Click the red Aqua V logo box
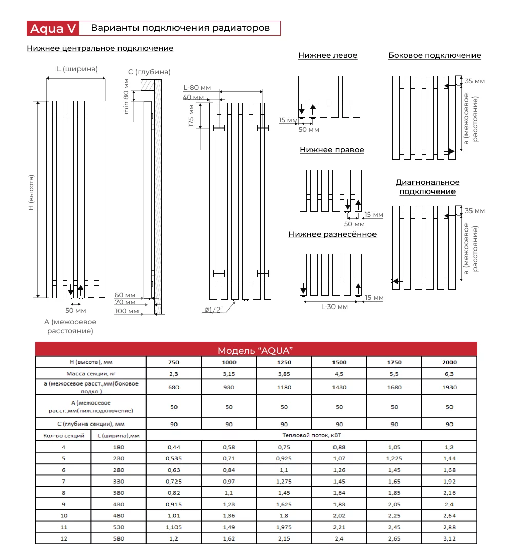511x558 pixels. [x=53, y=28]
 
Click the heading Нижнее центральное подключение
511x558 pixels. [x=100, y=48]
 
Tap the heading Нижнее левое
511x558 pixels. [x=327, y=55]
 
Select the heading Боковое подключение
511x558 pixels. [x=435, y=55]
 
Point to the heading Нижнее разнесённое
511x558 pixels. [x=332, y=234]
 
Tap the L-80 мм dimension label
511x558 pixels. [x=197, y=88]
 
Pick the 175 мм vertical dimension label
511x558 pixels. [x=191, y=116]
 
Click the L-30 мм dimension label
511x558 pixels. [x=335, y=307]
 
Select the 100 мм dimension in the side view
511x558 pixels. [x=127, y=311]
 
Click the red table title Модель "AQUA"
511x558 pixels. [x=255, y=350]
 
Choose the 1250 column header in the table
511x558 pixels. [x=284, y=362]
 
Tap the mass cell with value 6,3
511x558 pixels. [x=449, y=374]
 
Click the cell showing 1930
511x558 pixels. [x=449, y=388]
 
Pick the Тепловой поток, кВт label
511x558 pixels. [x=311, y=435]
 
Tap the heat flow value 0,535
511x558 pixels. [x=173, y=458]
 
